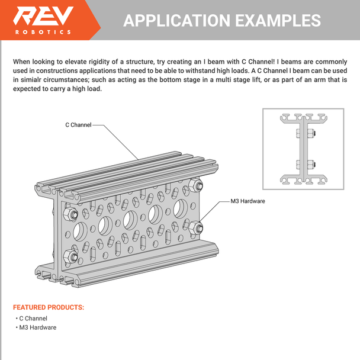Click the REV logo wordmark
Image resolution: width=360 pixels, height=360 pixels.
pyautogui.click(x=43, y=15)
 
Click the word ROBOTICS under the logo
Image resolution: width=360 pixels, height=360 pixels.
pyautogui.click(x=43, y=32)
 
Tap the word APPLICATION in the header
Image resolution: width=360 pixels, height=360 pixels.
pyautogui.click(x=177, y=21)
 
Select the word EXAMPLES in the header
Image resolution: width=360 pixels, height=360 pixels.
pyautogui.click(x=278, y=21)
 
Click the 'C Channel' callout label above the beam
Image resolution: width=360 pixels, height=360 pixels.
pyautogui.click(x=78, y=125)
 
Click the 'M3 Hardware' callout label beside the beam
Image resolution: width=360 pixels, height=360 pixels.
pyautogui.click(x=247, y=201)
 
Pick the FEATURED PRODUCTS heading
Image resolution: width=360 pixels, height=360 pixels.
pyautogui.click(x=49, y=307)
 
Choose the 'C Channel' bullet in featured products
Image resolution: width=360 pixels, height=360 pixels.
pyautogui.click(x=33, y=319)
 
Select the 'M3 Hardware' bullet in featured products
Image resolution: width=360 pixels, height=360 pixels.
pyautogui.click(x=38, y=327)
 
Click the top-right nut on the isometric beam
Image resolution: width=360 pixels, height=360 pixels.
pyautogui.click(x=196, y=185)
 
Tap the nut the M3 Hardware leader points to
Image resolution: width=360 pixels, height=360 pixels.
pyautogui.click(x=195, y=228)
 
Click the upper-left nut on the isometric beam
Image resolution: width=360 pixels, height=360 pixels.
pyautogui.click(x=70, y=214)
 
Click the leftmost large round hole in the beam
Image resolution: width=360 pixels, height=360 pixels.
pyautogui.click(x=80, y=231)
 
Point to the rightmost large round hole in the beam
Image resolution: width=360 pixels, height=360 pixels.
pyautogui.click(x=181, y=208)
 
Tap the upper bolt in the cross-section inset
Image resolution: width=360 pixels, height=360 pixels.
pyautogui.click(x=306, y=133)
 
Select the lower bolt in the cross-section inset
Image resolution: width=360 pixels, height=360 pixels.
pyautogui.click(x=306, y=165)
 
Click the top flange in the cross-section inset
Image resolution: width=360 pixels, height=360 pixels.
pyautogui.click(x=304, y=118)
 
